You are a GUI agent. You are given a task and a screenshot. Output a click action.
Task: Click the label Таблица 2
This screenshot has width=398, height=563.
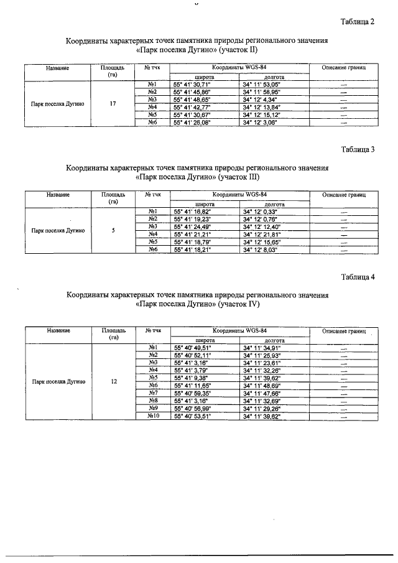pyautogui.click(x=358, y=22)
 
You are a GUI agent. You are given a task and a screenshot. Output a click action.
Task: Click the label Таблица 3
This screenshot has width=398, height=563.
pyautogui.click(x=358, y=149)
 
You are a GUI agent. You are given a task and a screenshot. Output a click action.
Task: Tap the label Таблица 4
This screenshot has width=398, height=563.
pyautogui.click(x=358, y=277)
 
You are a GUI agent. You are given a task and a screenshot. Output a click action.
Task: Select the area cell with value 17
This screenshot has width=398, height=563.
pyautogui.click(x=113, y=103)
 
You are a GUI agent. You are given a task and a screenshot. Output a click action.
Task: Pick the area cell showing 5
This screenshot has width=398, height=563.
pyautogui.click(x=113, y=231)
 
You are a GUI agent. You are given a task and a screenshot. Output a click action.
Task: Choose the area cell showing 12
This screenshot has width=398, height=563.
pyautogui.click(x=113, y=381)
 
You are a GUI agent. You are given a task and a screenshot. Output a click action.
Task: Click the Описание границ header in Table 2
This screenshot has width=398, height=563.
pyautogui.click(x=344, y=67)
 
